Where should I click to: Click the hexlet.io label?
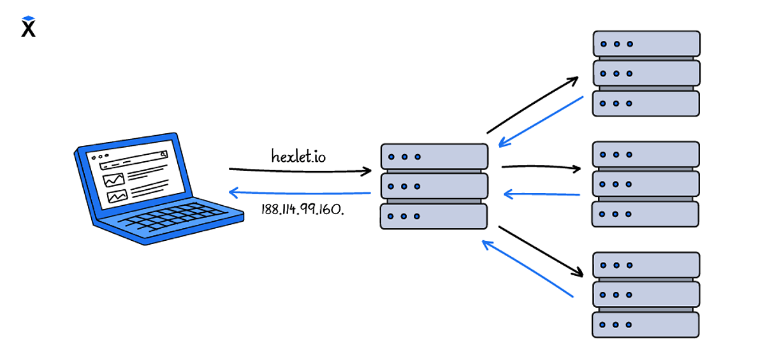[x=298, y=155]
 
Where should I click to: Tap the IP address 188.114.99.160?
[x=303, y=210]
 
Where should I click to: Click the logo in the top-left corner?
[x=28, y=27]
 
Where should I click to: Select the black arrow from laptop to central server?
[x=300, y=170]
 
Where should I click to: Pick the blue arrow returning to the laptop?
[x=300, y=192]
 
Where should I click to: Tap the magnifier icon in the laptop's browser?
[x=164, y=154]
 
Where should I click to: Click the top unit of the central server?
[x=434, y=156]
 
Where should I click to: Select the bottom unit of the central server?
[x=433, y=216]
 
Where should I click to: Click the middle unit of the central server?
[x=434, y=186]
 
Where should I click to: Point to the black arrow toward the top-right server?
[x=532, y=104]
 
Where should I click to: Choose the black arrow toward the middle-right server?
[x=541, y=168]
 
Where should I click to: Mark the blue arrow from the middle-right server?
[x=541, y=194]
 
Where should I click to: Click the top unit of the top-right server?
[x=646, y=44]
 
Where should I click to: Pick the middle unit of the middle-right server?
[x=646, y=184]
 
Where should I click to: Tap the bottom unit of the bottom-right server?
[x=646, y=324]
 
